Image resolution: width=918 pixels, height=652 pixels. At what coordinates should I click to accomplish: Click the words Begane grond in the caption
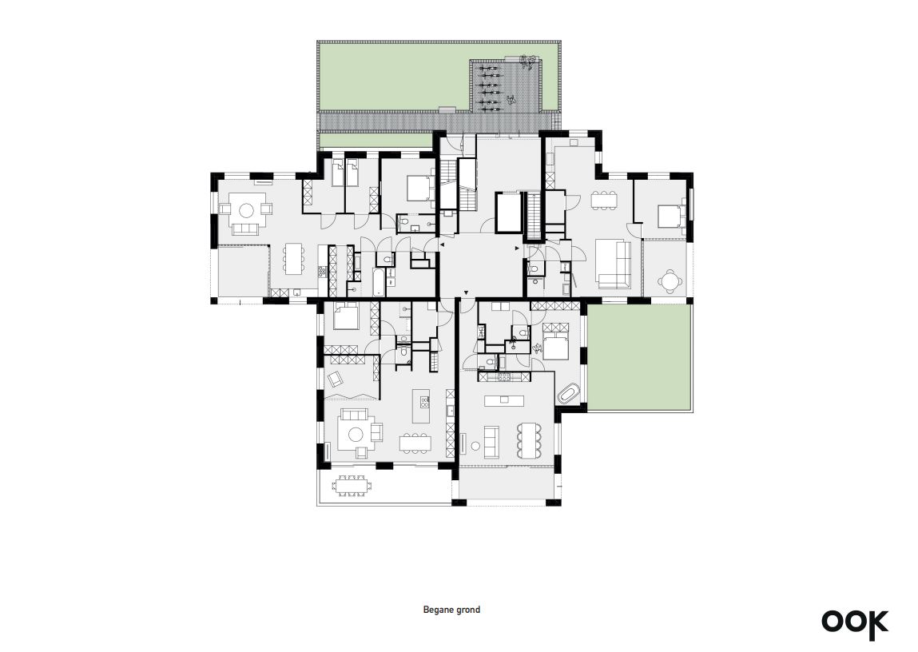point(451,610)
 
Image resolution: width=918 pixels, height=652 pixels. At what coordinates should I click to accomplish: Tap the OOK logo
point(855,622)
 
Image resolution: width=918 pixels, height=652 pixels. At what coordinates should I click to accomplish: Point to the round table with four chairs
point(670,280)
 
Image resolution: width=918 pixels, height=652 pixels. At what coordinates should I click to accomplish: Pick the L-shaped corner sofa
point(612,264)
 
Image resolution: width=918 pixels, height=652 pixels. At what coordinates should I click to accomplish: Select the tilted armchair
point(336,379)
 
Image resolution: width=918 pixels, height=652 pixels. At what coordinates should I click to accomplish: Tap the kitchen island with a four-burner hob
point(421,406)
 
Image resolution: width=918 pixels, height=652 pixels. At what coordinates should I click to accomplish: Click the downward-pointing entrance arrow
point(466,292)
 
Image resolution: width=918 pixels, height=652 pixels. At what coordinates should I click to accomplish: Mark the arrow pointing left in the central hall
point(442,244)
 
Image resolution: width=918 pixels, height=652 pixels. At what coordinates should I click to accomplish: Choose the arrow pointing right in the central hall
point(516,248)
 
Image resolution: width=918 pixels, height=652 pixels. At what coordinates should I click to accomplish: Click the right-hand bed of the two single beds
point(352,174)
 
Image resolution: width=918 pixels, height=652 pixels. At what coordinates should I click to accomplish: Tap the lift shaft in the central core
point(509,213)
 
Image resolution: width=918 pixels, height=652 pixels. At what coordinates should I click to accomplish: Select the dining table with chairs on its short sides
point(602,201)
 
